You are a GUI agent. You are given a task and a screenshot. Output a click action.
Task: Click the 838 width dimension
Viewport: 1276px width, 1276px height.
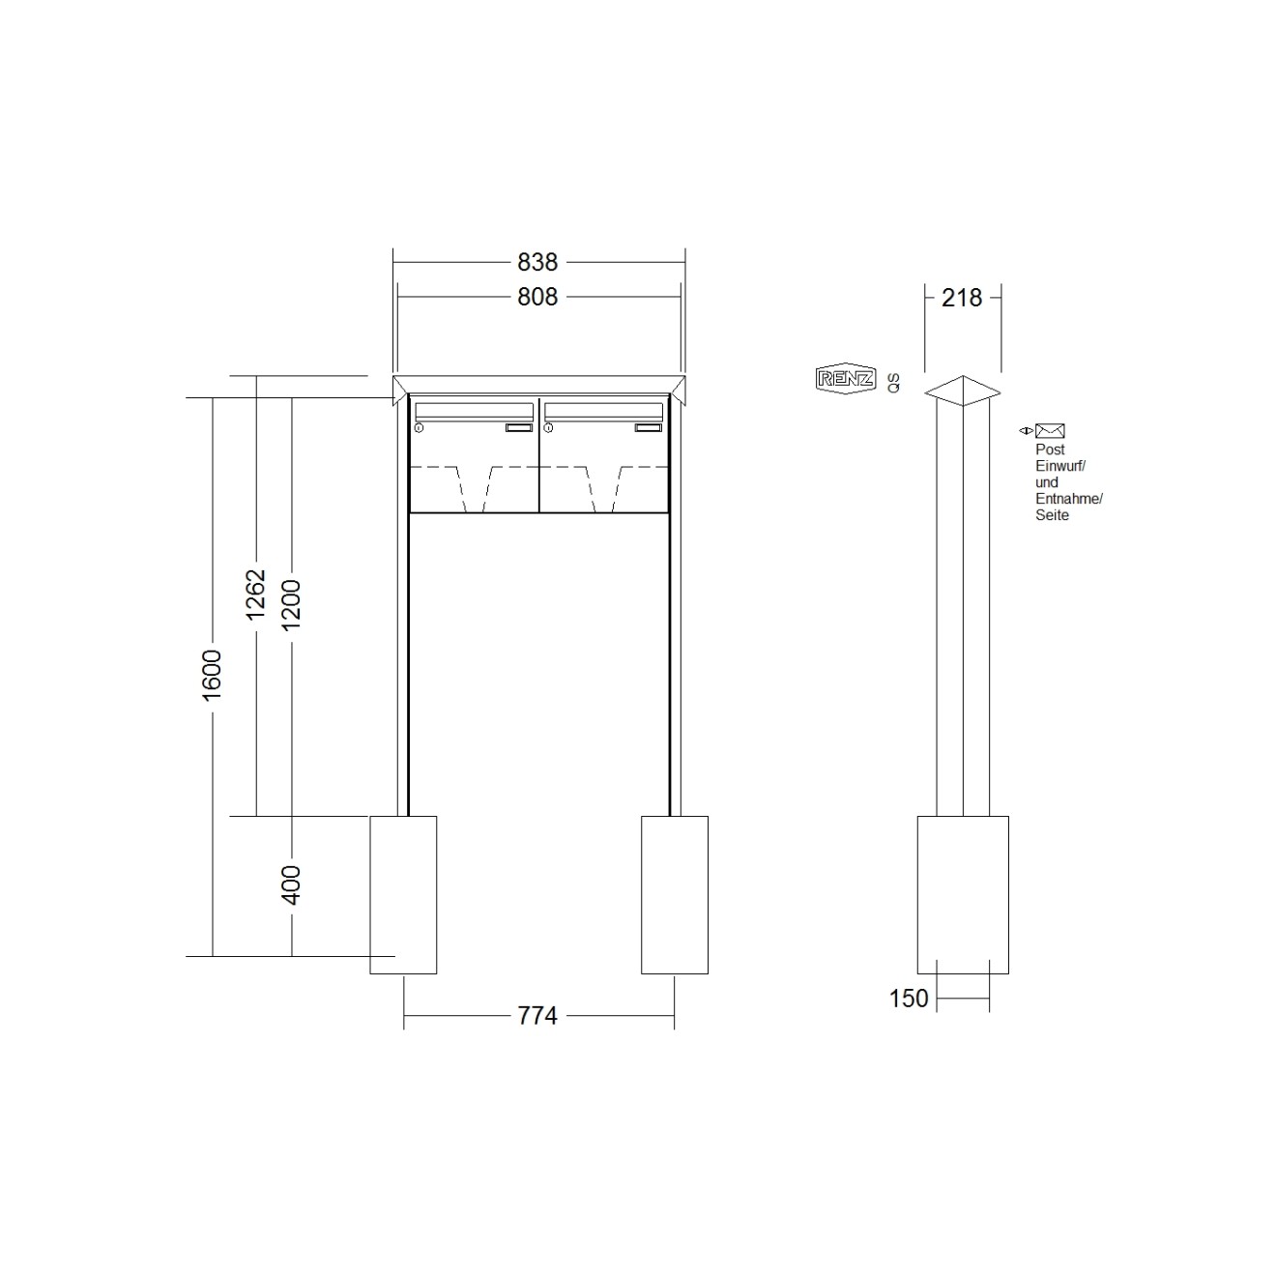tap(537, 262)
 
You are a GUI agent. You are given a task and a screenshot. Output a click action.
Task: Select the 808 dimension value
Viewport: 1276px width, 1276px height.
tap(537, 297)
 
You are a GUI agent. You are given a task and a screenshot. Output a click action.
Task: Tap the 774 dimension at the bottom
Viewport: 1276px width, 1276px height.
tap(537, 1015)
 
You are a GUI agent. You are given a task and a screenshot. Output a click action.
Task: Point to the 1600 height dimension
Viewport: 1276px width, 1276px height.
tap(212, 675)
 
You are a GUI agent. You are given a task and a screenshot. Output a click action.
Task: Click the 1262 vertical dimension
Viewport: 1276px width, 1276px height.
tap(255, 594)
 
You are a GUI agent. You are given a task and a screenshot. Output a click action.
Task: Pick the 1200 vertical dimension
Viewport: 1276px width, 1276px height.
tap(291, 605)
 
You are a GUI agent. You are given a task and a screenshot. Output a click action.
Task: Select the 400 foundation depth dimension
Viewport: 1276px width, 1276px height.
tap(291, 884)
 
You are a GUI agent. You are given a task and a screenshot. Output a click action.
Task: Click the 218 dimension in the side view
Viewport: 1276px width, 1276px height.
tap(962, 298)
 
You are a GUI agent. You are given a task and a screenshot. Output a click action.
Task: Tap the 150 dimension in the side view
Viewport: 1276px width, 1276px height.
tap(909, 998)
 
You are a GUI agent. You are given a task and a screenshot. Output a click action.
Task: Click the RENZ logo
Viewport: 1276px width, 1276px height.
tap(846, 379)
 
